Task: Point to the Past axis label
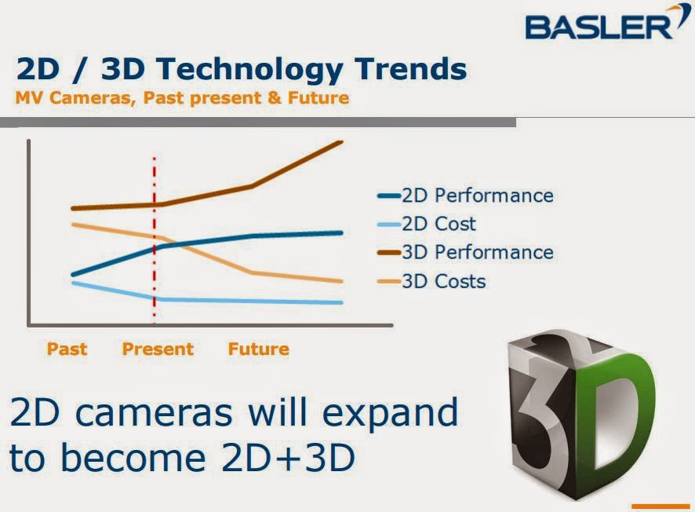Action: click(x=67, y=349)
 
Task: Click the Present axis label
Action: click(x=158, y=349)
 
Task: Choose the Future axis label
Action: click(x=259, y=349)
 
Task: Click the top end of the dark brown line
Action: click(x=342, y=142)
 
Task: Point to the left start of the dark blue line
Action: click(x=72, y=275)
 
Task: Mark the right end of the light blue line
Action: click(x=342, y=302)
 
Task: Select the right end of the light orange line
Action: click(x=342, y=281)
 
